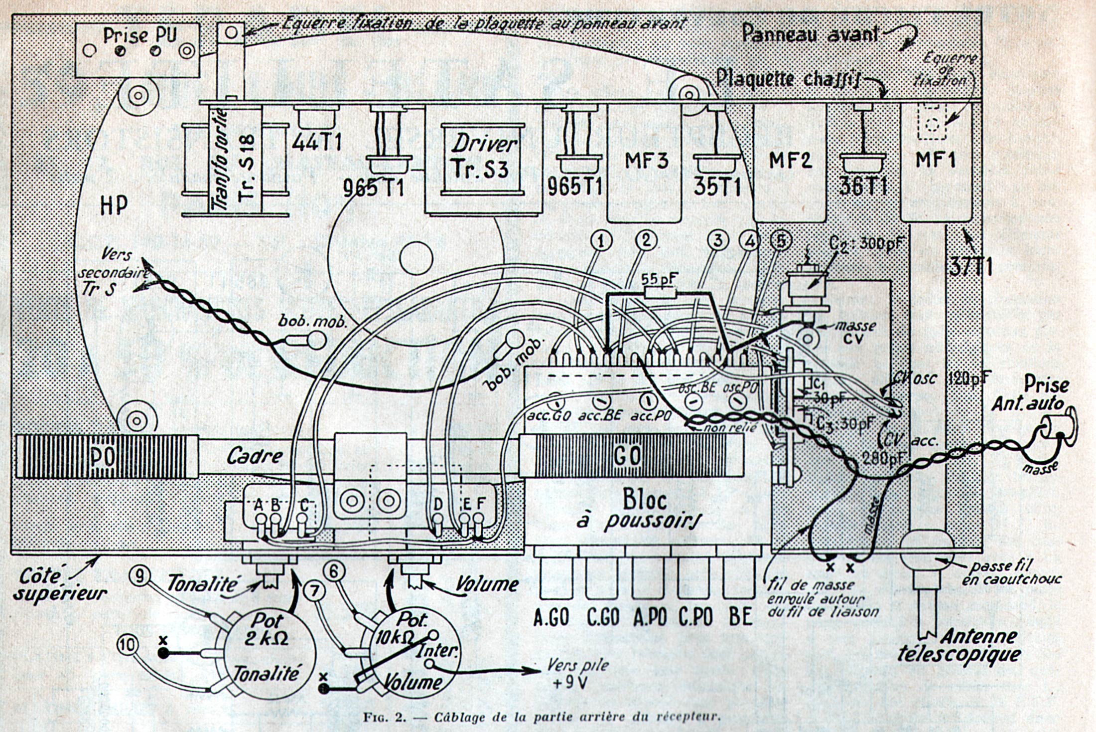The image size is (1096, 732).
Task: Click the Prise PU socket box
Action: tap(137, 50)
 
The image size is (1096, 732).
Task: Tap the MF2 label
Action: tap(790, 161)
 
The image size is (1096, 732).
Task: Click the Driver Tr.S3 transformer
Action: tap(482, 160)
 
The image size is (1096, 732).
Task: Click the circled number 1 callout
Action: tap(602, 241)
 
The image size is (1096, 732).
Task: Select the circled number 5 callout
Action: tap(781, 241)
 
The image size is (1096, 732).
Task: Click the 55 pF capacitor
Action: tap(660, 291)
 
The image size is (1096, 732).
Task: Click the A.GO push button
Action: tap(551, 578)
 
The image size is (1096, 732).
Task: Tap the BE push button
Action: tap(739, 578)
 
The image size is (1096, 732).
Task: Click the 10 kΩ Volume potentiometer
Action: tap(413, 653)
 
